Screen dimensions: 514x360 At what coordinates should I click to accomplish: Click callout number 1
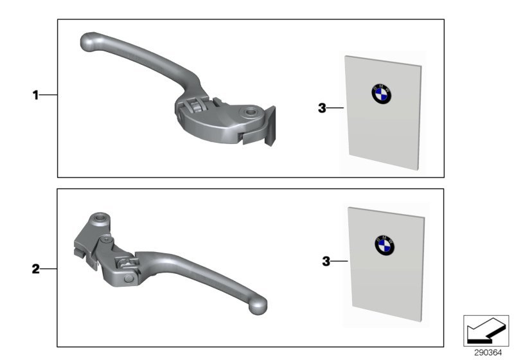point(35,95)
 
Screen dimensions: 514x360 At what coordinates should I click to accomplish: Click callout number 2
point(35,269)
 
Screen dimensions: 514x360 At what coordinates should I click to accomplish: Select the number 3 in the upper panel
point(323,108)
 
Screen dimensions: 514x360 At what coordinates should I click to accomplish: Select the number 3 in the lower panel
point(326,261)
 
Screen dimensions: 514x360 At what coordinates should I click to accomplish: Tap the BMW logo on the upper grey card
point(381,94)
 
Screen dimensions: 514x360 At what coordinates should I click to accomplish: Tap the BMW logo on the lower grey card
point(384,246)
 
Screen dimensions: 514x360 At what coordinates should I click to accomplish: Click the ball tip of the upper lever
point(89,42)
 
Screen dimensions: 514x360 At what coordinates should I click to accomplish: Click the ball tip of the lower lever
point(258,306)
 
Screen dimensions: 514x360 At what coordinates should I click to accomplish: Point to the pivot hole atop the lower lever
point(100,218)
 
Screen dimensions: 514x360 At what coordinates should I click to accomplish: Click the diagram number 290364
point(488,353)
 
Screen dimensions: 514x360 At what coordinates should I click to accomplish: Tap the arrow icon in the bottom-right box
point(486,331)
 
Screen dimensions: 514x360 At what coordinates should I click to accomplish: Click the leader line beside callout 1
point(49,95)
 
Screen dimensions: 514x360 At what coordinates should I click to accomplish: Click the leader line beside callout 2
point(49,269)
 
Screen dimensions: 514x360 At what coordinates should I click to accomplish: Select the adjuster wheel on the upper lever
point(196,107)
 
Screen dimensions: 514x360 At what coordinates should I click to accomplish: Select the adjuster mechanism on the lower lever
point(126,262)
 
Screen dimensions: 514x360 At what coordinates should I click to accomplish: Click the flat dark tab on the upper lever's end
point(270,125)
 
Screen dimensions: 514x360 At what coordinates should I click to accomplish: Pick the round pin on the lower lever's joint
point(128,279)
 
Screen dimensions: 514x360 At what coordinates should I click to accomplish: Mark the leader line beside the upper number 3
point(335,107)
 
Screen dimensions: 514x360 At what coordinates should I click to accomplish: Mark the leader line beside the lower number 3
point(340,261)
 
